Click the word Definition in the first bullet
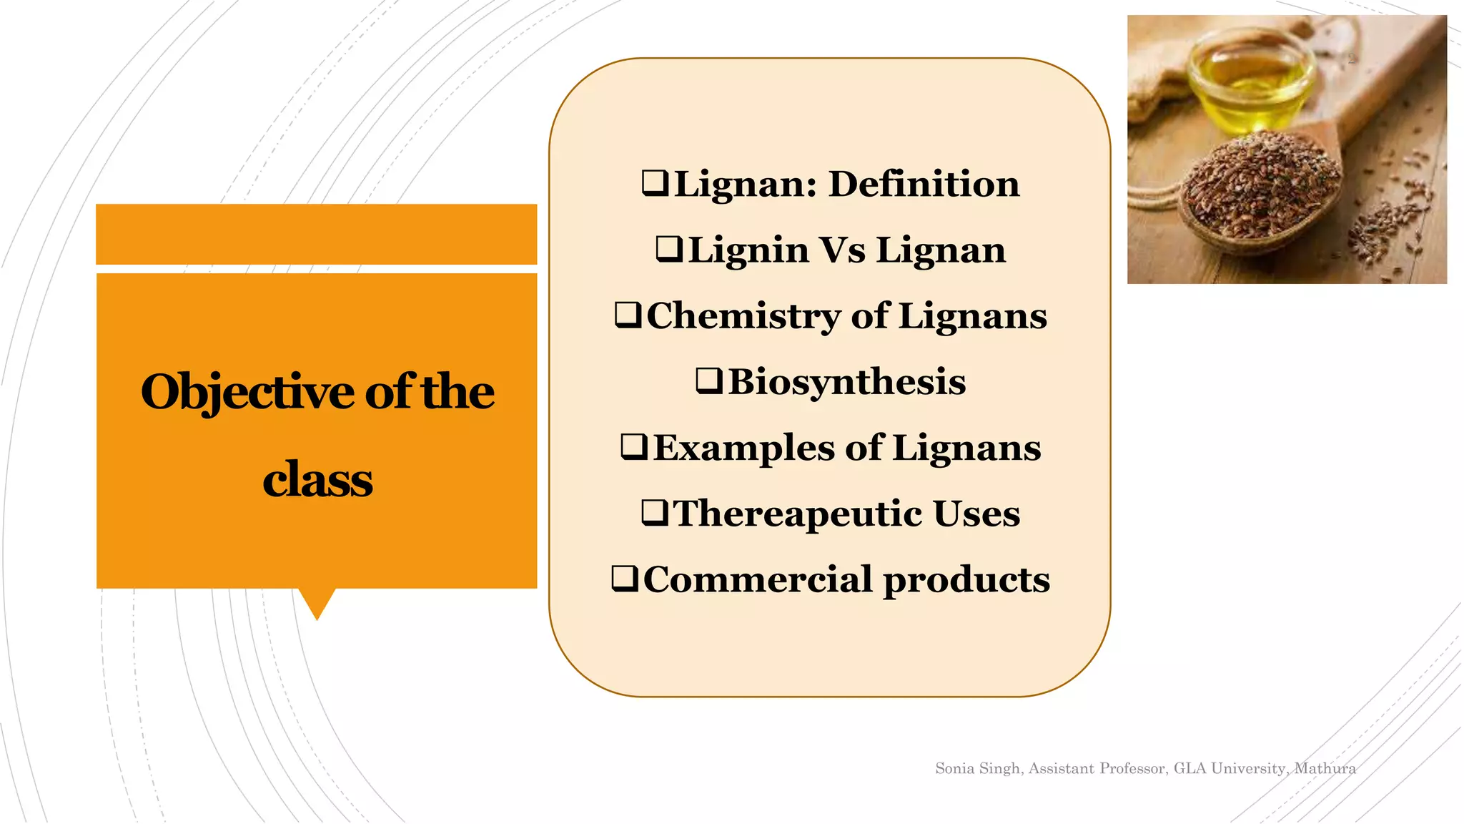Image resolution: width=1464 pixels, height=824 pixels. [924, 184]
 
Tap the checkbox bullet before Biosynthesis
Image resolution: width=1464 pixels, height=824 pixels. [709, 381]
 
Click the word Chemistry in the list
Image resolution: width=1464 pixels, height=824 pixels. [743, 316]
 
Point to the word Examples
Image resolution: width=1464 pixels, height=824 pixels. [743, 448]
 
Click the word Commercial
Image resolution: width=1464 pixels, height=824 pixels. [757, 579]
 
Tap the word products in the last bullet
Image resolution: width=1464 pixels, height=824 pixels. [966, 580]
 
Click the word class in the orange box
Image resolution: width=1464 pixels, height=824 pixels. [317, 480]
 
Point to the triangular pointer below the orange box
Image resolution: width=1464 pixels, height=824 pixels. [317, 603]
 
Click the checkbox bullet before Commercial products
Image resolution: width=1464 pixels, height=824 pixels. [625, 579]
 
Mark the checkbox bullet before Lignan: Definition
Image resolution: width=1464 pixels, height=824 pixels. [655, 183]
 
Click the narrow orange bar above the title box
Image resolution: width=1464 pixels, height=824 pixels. [316, 234]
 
